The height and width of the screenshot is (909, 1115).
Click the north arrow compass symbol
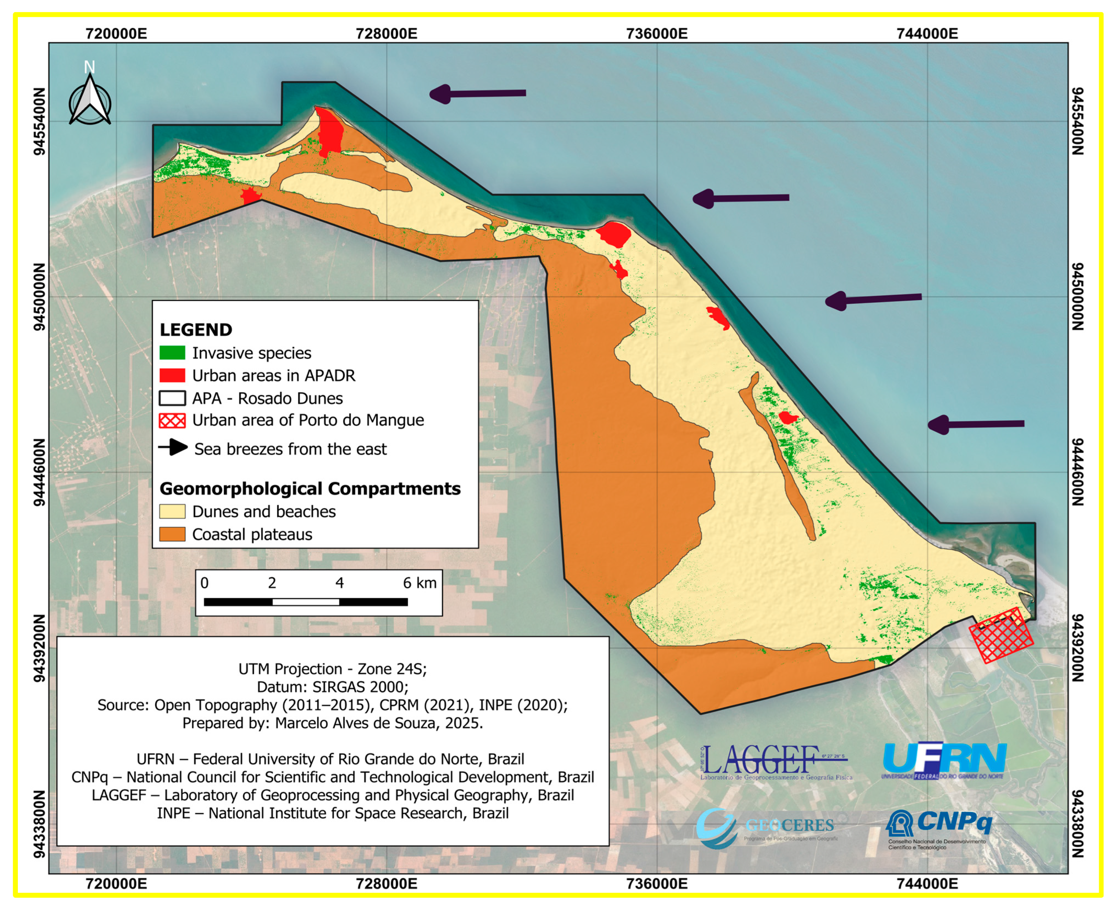90,99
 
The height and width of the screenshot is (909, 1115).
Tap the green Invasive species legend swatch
172,353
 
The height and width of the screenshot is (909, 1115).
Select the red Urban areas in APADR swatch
172,375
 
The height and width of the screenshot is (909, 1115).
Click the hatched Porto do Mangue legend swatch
172,420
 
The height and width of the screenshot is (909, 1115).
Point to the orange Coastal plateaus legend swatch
172,534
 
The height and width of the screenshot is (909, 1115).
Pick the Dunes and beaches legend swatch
172,512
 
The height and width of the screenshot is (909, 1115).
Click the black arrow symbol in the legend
173,448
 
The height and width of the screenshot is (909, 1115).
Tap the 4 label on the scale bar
340,583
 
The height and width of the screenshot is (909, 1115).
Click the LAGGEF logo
774,762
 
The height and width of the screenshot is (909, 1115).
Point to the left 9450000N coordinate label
40,297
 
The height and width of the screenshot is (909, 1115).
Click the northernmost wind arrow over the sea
477,94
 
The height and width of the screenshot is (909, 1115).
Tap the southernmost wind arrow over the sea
976,424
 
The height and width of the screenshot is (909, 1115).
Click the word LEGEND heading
196,330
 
